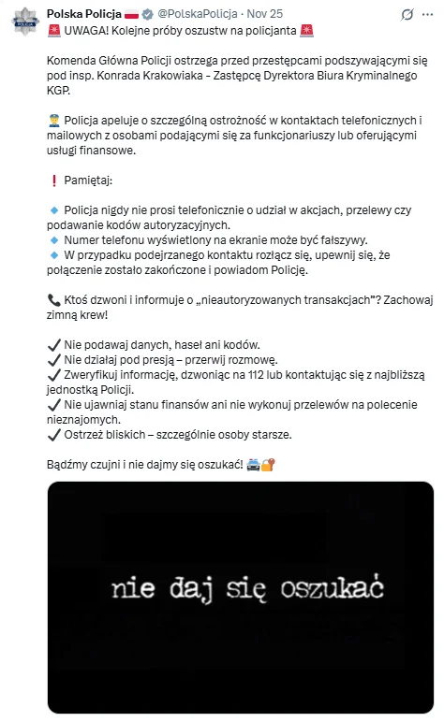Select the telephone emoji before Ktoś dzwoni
coord(52,299)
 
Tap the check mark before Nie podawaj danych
coord(52,344)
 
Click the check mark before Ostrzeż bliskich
coord(52,434)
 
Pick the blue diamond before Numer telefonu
coord(52,239)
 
